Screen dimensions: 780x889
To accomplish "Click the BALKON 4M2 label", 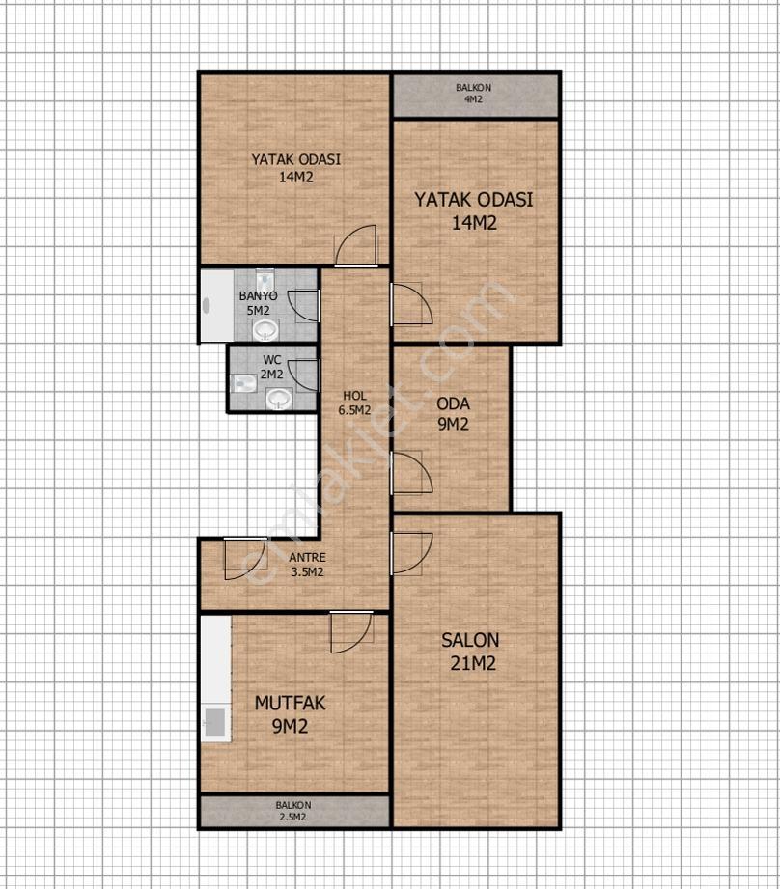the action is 473,94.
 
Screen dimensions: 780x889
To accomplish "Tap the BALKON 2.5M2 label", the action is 293,811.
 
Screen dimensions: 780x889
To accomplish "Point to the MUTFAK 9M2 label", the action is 290,714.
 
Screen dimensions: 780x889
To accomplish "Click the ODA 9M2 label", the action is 453,414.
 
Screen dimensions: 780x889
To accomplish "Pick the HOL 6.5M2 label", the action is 354,403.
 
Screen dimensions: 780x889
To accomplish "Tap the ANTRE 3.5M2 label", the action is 307,565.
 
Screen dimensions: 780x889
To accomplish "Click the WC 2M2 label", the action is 271,368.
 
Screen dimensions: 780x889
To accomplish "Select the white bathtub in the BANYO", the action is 217,305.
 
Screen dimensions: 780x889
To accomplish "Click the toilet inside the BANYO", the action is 265,280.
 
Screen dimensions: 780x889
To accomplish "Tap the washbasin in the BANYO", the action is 265,330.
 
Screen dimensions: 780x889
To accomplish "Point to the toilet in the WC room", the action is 244,384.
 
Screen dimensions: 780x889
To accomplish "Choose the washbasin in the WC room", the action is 279,399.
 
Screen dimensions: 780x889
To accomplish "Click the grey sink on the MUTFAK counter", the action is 215,722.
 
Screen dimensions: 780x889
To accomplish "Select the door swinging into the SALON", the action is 411,553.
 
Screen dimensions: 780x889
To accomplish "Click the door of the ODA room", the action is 411,472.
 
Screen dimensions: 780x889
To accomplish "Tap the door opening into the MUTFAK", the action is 351,631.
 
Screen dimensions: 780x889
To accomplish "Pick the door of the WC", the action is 304,375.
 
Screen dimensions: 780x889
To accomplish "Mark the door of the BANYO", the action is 304,306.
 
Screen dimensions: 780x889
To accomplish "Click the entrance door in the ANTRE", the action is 245,558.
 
